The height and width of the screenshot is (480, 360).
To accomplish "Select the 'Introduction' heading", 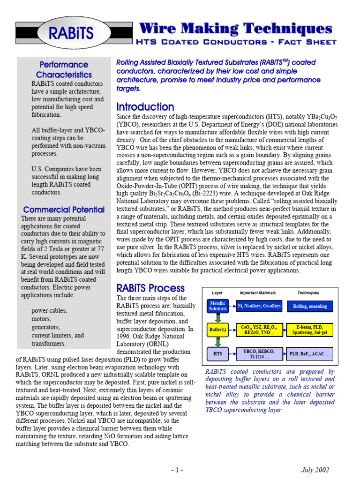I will [145, 107].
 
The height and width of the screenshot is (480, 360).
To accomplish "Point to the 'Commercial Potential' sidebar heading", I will [64, 210].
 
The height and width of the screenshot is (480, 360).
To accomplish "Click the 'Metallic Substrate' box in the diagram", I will [218, 306].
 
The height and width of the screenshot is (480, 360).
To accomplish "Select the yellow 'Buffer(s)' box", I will [218, 330].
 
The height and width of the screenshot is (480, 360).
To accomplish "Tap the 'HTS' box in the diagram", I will [218, 353].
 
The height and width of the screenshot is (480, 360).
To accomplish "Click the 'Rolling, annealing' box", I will [310, 306].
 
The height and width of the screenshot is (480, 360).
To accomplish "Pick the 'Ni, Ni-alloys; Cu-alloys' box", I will [259, 306].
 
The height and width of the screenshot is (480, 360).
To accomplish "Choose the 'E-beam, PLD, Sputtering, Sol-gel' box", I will [310, 330].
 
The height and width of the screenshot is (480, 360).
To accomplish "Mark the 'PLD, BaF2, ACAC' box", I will [310, 354].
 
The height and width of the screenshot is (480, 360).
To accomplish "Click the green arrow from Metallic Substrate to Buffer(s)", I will [218, 318].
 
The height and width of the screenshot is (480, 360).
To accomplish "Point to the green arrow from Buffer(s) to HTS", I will [218, 342].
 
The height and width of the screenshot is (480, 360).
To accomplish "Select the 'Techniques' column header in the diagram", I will [308, 292].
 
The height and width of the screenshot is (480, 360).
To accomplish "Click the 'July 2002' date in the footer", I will [315, 470].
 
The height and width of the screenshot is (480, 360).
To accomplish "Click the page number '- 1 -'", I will [177, 470].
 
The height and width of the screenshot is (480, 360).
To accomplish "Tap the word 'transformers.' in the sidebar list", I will [48, 344].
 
